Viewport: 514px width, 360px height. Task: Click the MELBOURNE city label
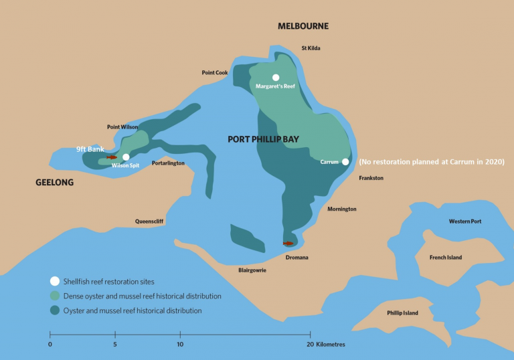click(x=303, y=26)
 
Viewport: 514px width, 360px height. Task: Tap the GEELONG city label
click(x=54, y=182)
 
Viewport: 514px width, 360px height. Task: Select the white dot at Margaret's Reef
click(x=275, y=77)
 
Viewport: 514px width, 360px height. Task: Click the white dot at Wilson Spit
click(x=126, y=157)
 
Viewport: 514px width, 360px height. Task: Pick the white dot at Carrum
click(x=345, y=161)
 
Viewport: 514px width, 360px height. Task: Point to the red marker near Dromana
click(x=288, y=244)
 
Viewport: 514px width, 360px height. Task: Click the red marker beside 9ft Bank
click(x=112, y=157)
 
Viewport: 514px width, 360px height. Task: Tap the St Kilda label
click(x=313, y=48)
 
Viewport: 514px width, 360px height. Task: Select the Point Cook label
click(x=215, y=72)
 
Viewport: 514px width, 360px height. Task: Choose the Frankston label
click(x=371, y=178)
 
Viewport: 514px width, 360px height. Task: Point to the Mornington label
click(x=341, y=209)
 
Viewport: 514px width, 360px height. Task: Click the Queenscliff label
click(x=149, y=221)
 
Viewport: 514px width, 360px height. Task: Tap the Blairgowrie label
click(x=252, y=270)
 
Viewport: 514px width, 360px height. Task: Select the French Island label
click(x=445, y=257)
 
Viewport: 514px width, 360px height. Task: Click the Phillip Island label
click(x=402, y=312)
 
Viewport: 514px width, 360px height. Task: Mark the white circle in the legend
click(x=54, y=282)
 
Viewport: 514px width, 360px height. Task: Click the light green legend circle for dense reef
click(x=54, y=296)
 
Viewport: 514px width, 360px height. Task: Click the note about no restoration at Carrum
click(x=431, y=162)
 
